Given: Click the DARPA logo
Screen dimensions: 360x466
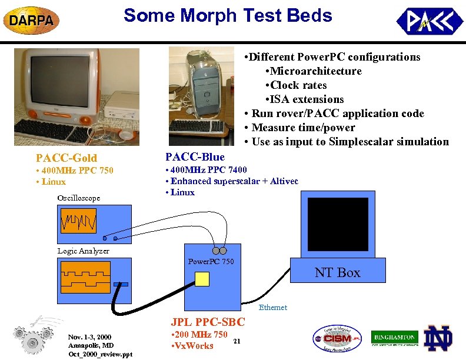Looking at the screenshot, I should point(32,21).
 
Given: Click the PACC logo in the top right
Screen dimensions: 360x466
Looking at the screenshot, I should point(429,22).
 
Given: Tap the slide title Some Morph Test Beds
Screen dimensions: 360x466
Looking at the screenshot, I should point(228,16).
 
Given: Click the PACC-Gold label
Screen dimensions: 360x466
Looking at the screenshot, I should point(66,158).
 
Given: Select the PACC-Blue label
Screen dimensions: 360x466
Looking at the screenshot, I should point(195,156).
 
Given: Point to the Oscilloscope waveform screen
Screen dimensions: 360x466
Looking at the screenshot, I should point(78,221).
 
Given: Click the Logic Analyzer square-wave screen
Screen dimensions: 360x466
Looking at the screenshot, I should point(86,277).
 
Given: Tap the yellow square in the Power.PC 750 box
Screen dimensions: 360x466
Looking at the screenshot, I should point(202,279).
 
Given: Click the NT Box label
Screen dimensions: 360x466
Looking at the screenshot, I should point(337,272).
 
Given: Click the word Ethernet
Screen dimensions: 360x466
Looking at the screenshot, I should point(273,307).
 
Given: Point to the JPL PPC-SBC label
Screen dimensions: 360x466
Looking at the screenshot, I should point(208,322).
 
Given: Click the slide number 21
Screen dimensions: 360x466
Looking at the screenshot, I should point(237,341).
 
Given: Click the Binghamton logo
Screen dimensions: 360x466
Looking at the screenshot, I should point(394,338).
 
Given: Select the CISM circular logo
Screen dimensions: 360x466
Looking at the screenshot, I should point(337,339).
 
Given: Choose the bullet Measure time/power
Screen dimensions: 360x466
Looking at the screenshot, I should point(303,128).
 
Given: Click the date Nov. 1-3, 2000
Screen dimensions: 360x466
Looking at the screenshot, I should point(89,337).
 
